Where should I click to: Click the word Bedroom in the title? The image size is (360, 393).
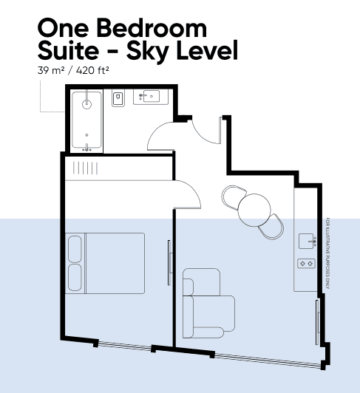point(152,27)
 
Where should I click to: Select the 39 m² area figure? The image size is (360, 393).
point(51,70)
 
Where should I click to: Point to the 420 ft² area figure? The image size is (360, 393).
point(92,70)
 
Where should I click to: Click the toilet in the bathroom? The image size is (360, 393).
point(118,98)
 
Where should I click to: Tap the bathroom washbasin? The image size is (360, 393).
point(152,97)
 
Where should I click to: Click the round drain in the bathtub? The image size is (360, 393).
point(86,104)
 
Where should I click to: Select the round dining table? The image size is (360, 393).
point(254,210)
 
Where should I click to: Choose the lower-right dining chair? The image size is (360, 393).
point(273,227)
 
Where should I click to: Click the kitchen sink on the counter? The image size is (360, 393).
point(307,241)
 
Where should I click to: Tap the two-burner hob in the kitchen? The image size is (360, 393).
point(306,264)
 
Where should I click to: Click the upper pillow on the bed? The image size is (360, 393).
point(75,249)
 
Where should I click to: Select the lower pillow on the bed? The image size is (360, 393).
point(75,278)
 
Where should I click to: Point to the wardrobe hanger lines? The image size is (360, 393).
point(85,168)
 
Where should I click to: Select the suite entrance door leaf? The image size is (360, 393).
point(220,130)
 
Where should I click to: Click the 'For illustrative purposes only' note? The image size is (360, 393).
point(327,253)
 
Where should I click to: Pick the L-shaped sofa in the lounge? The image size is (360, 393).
point(208,303)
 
